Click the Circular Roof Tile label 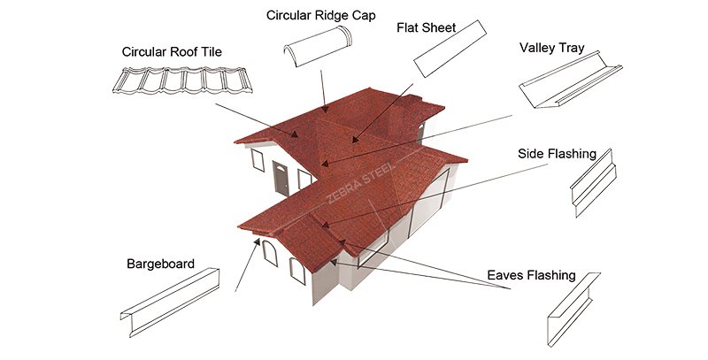(x=172, y=51)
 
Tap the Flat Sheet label (x=427, y=28)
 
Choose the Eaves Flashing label (x=531, y=276)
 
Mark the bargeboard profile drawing (x=172, y=301)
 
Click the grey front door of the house (x=281, y=182)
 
